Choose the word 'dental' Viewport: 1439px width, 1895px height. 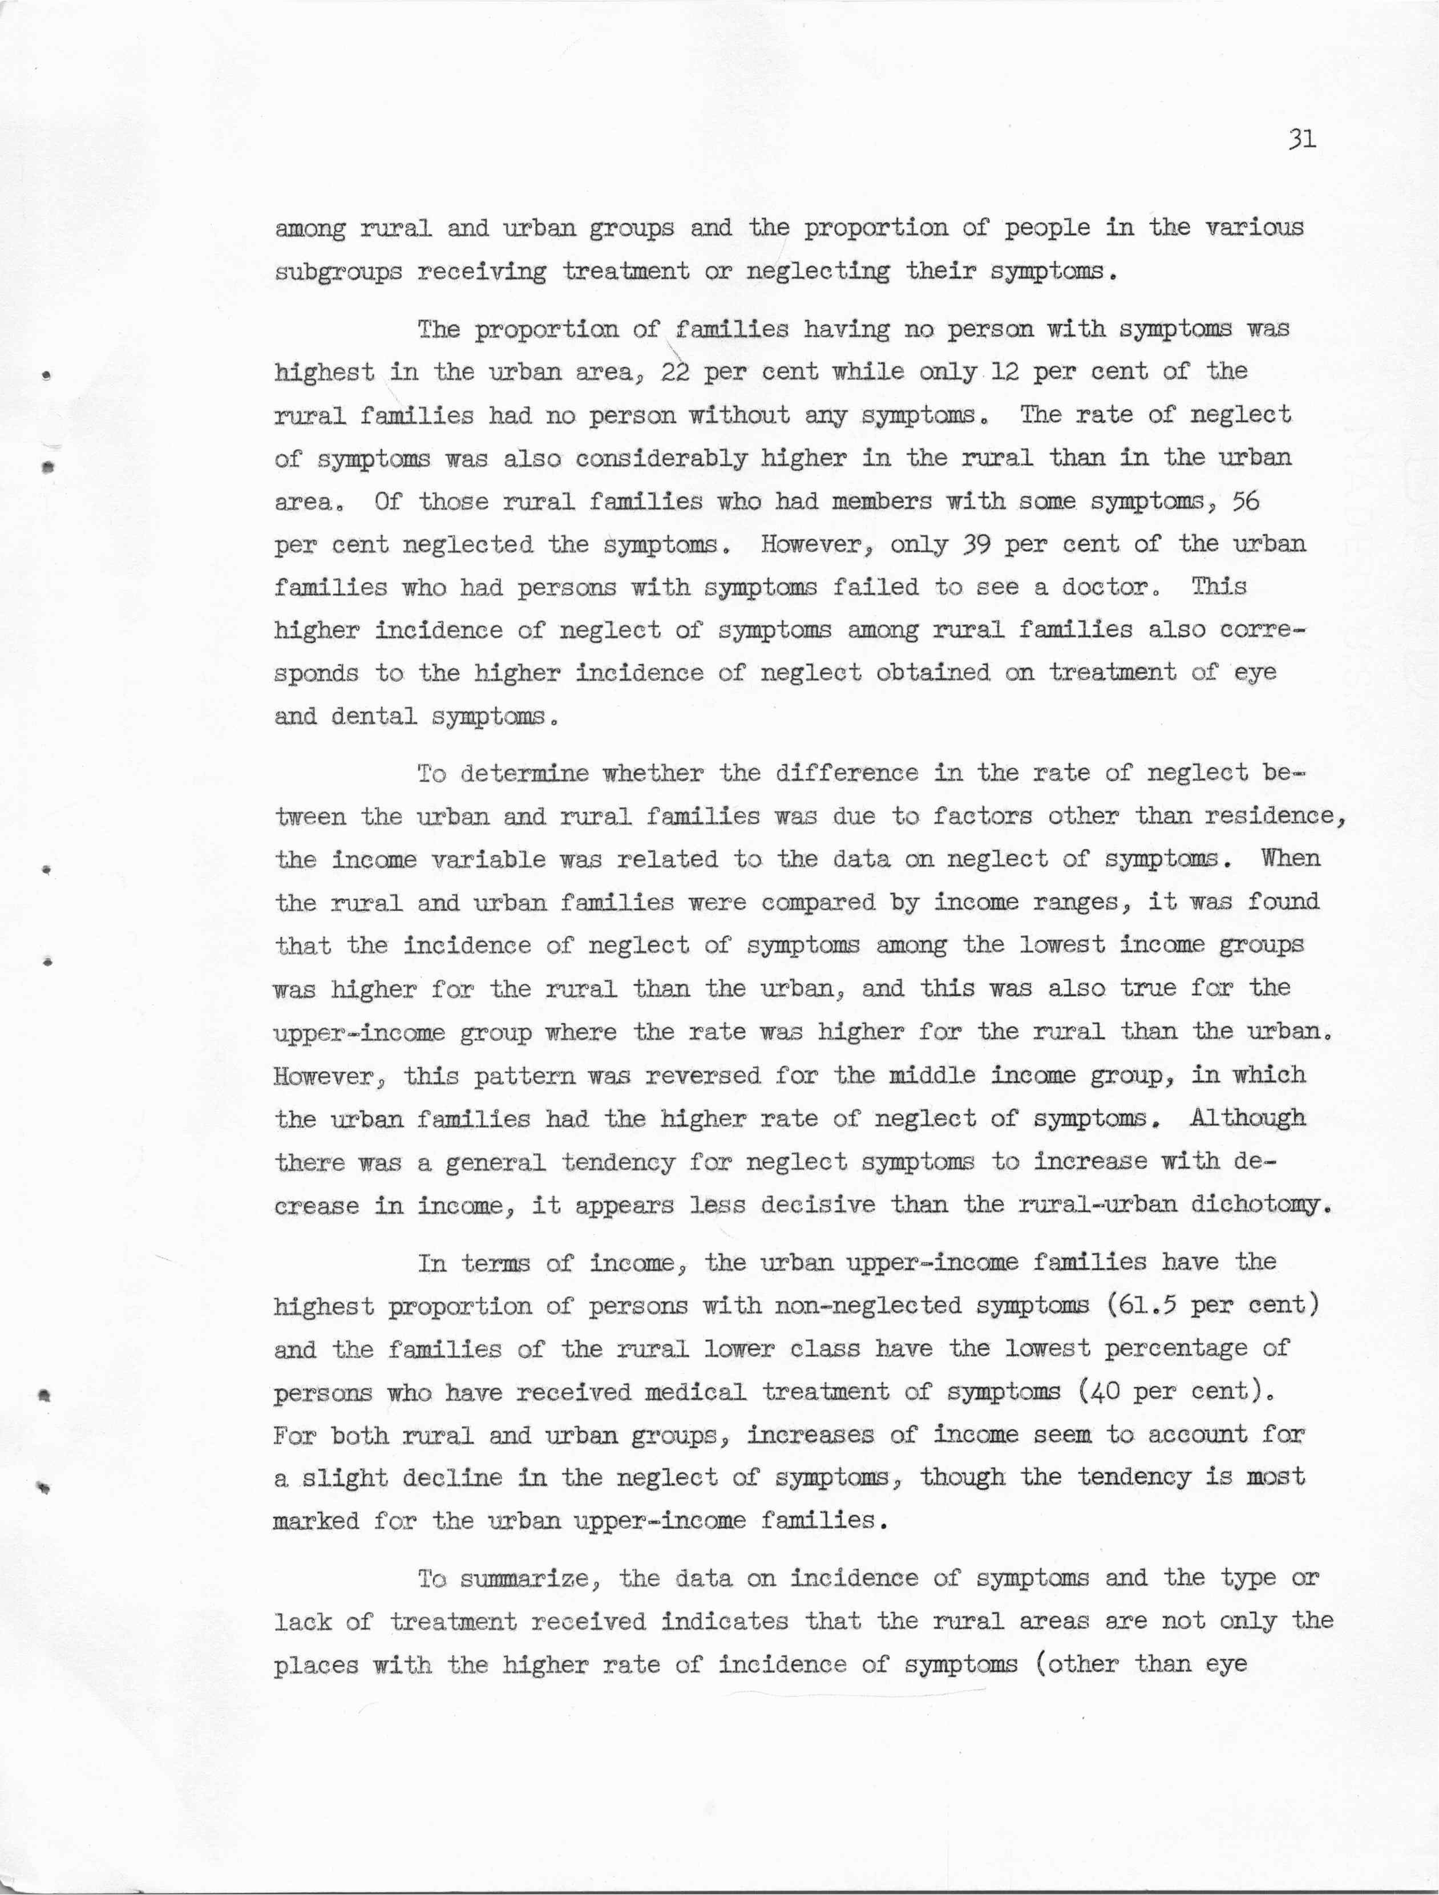tap(374, 716)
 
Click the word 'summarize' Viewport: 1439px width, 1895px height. tap(528, 1579)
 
